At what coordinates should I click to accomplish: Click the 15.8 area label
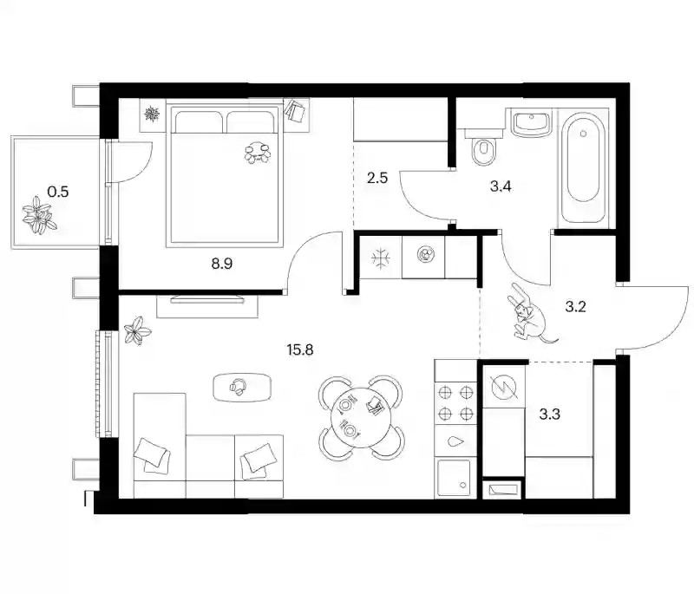pyautogui.click(x=300, y=349)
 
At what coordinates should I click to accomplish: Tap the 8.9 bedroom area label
pyautogui.click(x=222, y=264)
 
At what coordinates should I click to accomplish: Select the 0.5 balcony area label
pyautogui.click(x=58, y=192)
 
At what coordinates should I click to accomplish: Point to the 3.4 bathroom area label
pyautogui.click(x=501, y=186)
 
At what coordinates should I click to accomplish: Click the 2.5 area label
pyautogui.click(x=377, y=178)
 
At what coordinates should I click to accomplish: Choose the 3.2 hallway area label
pyautogui.click(x=575, y=306)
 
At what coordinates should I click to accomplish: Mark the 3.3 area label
pyautogui.click(x=550, y=414)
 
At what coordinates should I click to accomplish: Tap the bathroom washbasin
pyautogui.click(x=531, y=123)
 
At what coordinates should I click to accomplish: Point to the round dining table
pyautogui.click(x=361, y=417)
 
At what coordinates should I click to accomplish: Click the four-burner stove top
pyautogui.click(x=456, y=402)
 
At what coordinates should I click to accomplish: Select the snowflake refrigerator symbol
pyautogui.click(x=381, y=258)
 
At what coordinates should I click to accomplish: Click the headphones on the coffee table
pyautogui.click(x=238, y=387)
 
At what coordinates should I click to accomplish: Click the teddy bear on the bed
pyautogui.click(x=258, y=153)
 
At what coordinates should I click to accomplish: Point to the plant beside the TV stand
pyautogui.click(x=137, y=330)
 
